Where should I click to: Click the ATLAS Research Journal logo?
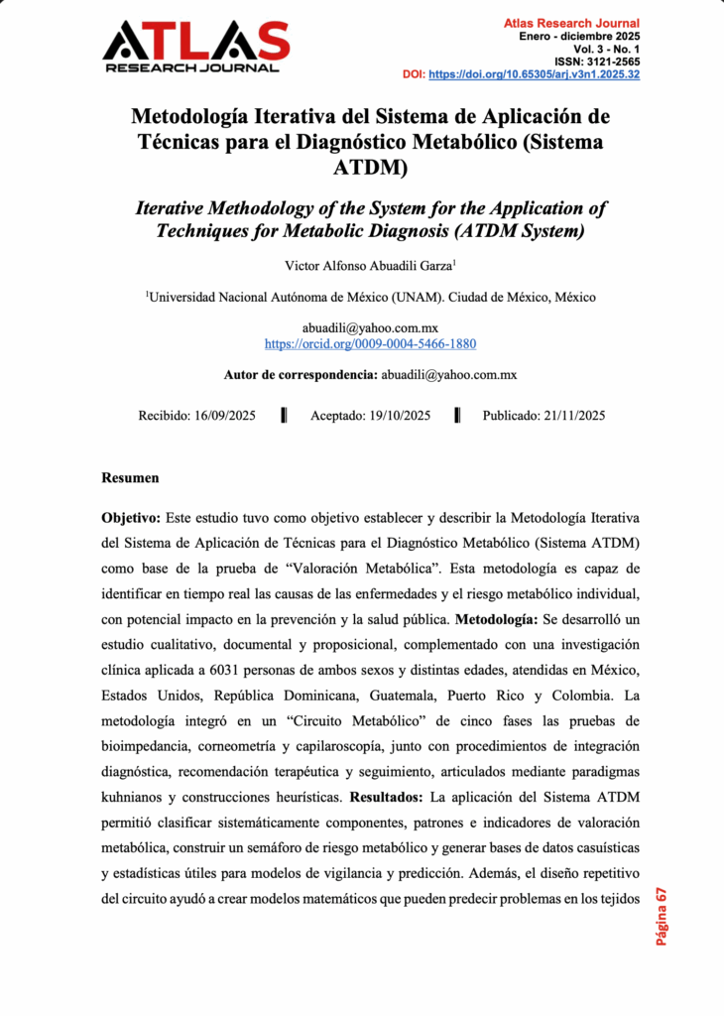[195, 46]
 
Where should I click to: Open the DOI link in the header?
[534, 74]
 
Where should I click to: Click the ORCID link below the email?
[370, 344]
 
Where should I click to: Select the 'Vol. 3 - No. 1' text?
[606, 49]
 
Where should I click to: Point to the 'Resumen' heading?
[130, 478]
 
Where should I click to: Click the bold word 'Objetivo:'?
[132, 519]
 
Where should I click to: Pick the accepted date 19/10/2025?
[395, 416]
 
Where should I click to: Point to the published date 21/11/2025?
[567, 416]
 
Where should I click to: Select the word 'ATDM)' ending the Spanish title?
[370, 168]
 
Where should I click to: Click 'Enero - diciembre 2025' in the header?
[580, 36]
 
